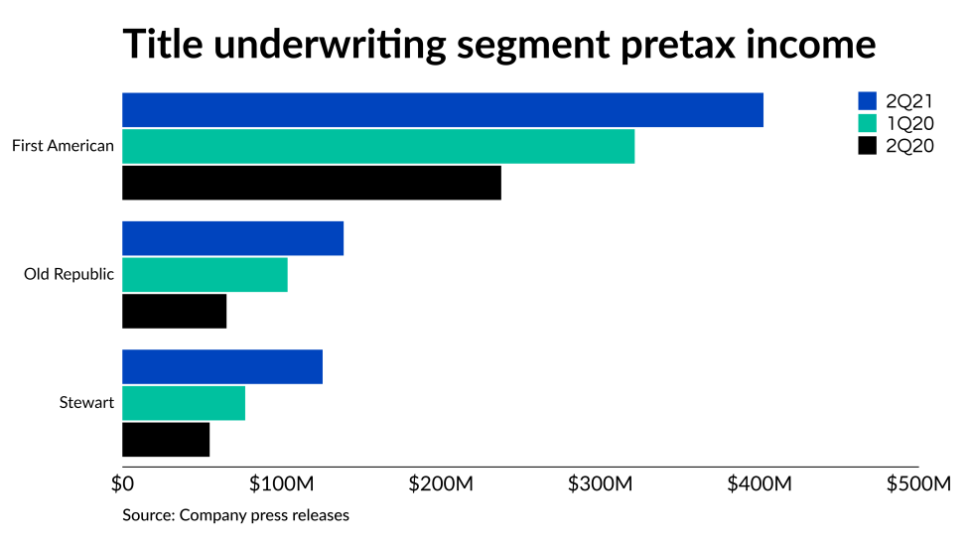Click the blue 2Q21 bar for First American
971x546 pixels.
[x=442, y=110]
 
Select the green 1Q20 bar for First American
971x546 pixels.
[x=377, y=147]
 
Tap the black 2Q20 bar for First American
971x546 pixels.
[x=311, y=183]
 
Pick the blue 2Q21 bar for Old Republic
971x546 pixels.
[x=232, y=238]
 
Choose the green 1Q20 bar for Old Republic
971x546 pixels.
[x=205, y=275]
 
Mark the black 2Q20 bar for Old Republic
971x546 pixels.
[x=174, y=311]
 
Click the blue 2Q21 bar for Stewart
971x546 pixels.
[x=221, y=367]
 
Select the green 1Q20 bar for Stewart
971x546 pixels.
[x=184, y=403]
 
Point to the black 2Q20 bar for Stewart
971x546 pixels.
[x=166, y=440]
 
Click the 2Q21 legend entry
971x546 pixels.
[x=897, y=100]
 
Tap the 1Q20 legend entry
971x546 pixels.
[x=897, y=123]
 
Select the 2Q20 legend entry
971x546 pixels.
[x=897, y=146]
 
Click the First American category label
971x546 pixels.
[x=63, y=147]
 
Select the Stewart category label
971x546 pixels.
[x=87, y=403]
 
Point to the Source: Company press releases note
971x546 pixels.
[x=235, y=515]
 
